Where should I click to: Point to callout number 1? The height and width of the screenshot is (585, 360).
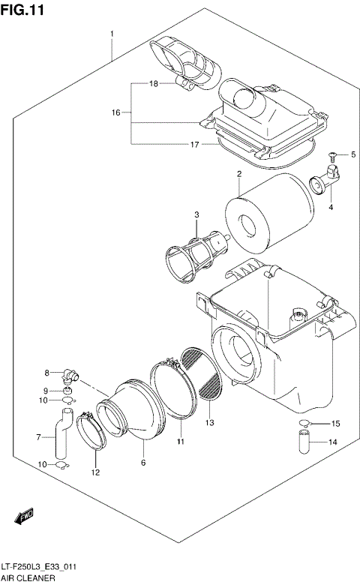coord(112,34)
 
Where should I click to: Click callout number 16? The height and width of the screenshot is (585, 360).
coord(116,112)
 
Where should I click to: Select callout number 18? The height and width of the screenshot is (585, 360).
coord(153,84)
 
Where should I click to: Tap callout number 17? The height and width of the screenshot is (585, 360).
coord(194,144)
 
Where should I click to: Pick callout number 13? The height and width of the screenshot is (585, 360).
coord(210,423)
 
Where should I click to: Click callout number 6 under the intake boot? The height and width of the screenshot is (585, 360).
coord(143,463)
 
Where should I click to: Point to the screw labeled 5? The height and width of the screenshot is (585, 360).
coord(331,155)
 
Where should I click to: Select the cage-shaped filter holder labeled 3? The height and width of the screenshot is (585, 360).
coord(196,251)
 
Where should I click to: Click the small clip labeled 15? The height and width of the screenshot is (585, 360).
coord(304,424)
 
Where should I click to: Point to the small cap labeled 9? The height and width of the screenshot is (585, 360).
coord(67,390)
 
